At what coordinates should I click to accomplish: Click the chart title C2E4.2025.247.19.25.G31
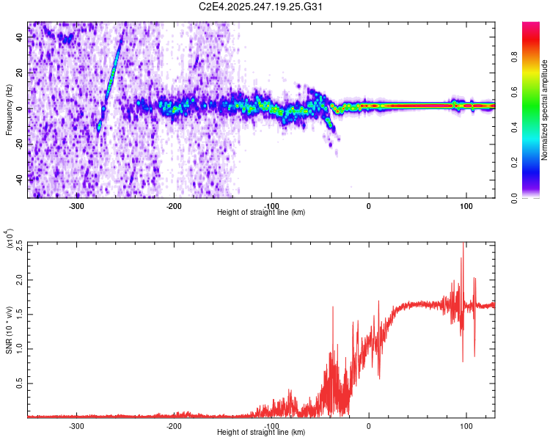[x=262, y=8]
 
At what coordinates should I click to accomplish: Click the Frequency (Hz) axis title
[x=9, y=109]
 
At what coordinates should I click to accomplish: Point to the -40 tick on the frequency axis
[x=18, y=178]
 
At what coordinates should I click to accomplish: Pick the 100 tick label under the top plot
[x=466, y=205]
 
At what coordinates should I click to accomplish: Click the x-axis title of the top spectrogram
[x=260, y=213]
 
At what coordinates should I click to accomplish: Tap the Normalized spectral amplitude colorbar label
[x=545, y=110]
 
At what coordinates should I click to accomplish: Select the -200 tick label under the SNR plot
[x=174, y=425]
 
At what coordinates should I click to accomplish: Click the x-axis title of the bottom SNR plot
[x=260, y=433]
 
